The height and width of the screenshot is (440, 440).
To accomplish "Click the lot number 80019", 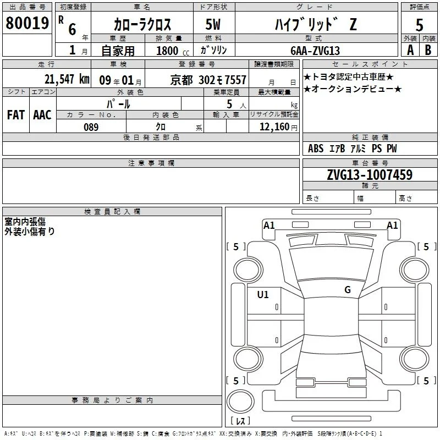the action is click(27, 23).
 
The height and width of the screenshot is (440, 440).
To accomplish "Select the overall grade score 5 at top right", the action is click(419, 25).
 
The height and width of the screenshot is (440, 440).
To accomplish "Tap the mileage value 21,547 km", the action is click(67, 79).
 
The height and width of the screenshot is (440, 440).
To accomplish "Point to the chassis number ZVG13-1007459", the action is click(370, 174).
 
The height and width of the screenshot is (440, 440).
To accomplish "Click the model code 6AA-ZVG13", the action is click(315, 51).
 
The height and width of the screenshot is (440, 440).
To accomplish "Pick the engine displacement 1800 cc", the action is click(173, 51).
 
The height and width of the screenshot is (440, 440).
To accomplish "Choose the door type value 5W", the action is click(213, 24).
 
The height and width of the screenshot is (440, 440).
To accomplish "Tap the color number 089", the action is click(91, 127).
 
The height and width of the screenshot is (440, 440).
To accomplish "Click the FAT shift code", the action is click(16, 115).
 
